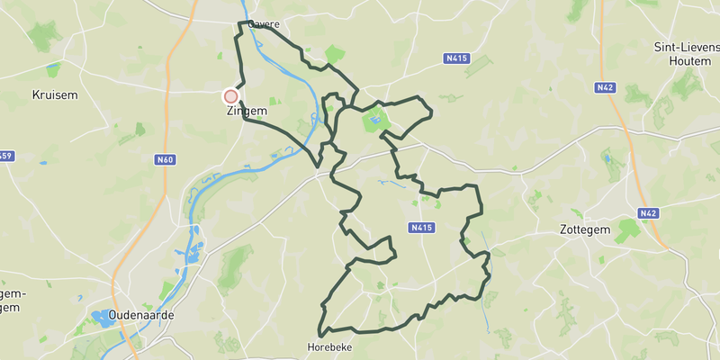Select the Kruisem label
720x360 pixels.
pos(55,94)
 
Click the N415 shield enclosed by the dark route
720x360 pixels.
pos(421,229)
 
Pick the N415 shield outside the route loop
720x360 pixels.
pos(457,58)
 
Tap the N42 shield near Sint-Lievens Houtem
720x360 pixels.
pos(605,87)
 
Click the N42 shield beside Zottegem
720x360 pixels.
pos(647,213)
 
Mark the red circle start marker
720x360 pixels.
pos(230,96)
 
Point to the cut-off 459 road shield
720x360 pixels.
pos(5,157)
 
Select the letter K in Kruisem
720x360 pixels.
pos(35,94)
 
